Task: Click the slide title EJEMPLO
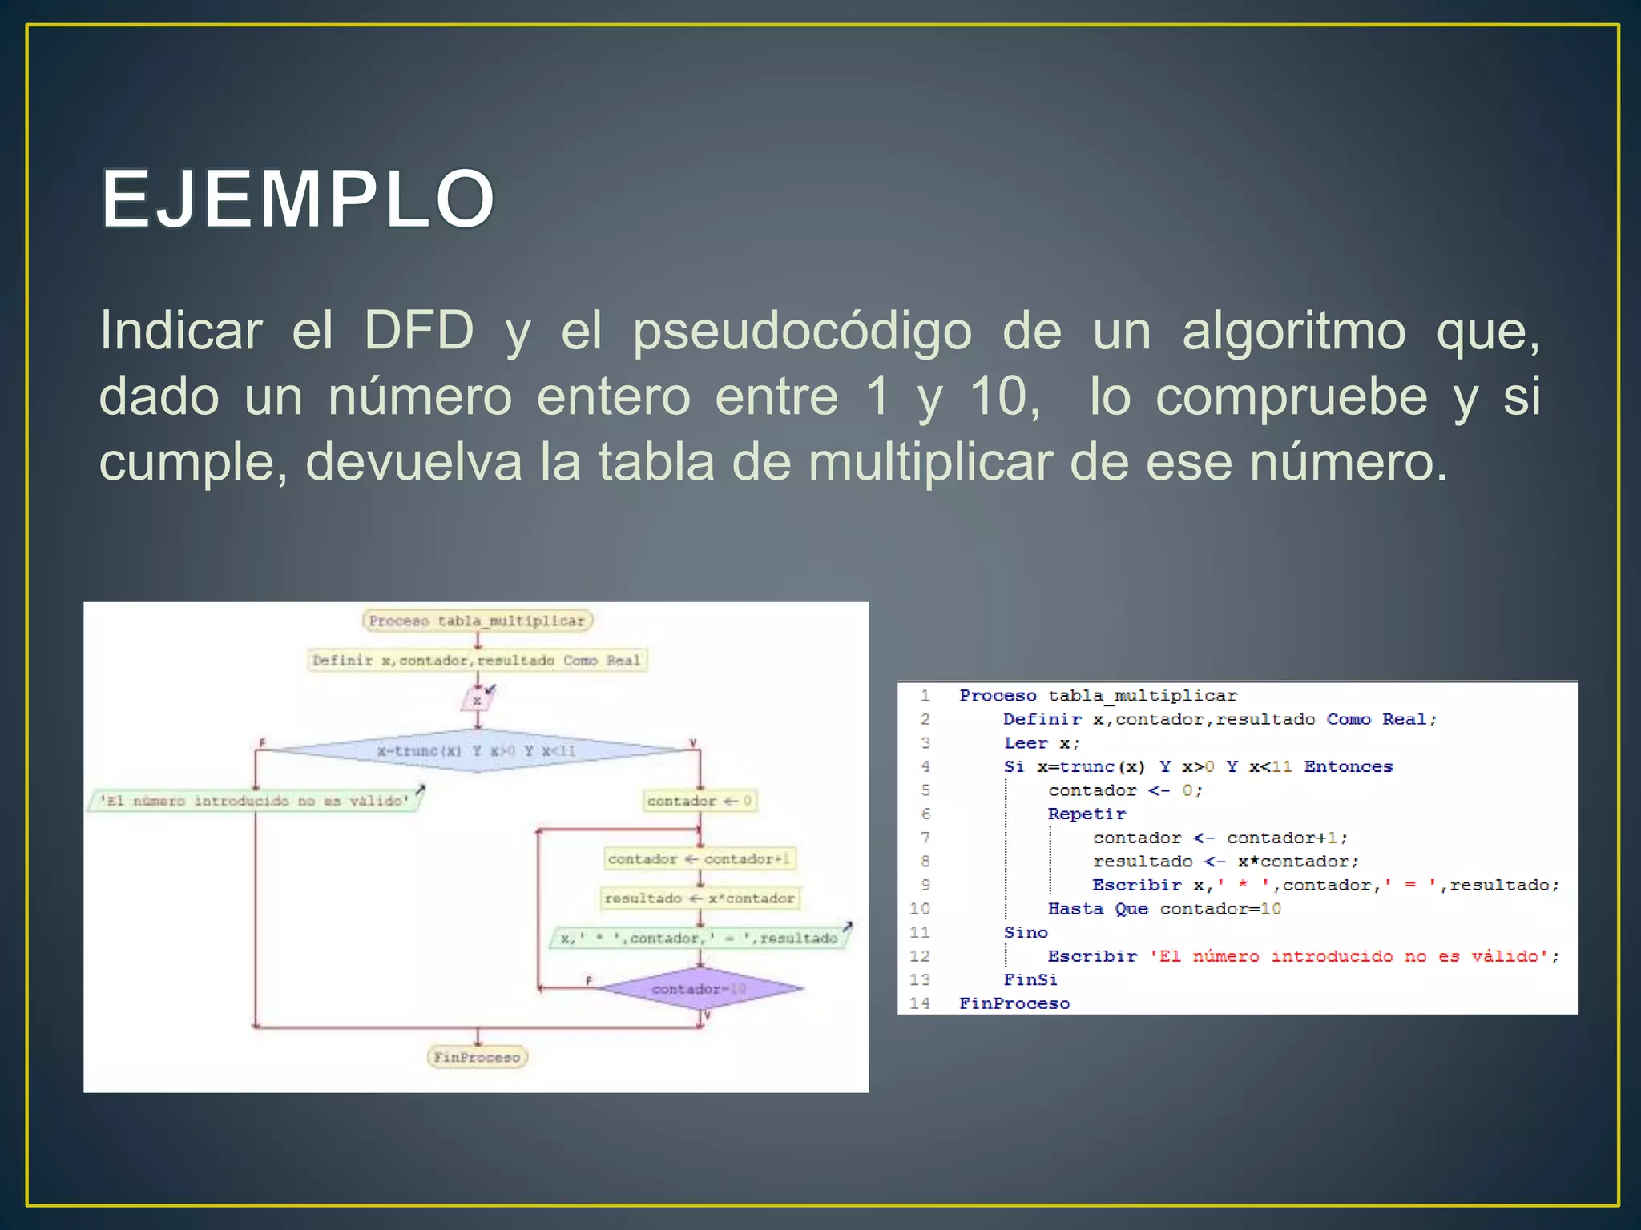click(298, 199)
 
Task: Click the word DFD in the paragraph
click(419, 330)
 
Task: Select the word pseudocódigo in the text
click(802, 332)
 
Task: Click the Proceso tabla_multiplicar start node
click(478, 621)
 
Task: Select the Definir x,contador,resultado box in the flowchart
click(478, 661)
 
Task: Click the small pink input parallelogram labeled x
click(477, 701)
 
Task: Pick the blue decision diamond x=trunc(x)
click(478, 750)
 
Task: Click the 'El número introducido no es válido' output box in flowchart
click(255, 801)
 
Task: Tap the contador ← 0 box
click(700, 801)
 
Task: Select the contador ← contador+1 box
click(700, 858)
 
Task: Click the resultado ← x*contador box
click(700, 898)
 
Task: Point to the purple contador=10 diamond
click(700, 989)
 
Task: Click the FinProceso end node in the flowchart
click(478, 1057)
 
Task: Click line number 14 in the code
click(920, 1003)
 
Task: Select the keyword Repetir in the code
click(1087, 814)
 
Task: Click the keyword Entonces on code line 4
click(1349, 766)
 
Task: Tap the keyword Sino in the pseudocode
click(1026, 932)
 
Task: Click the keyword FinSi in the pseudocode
click(1030, 979)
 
